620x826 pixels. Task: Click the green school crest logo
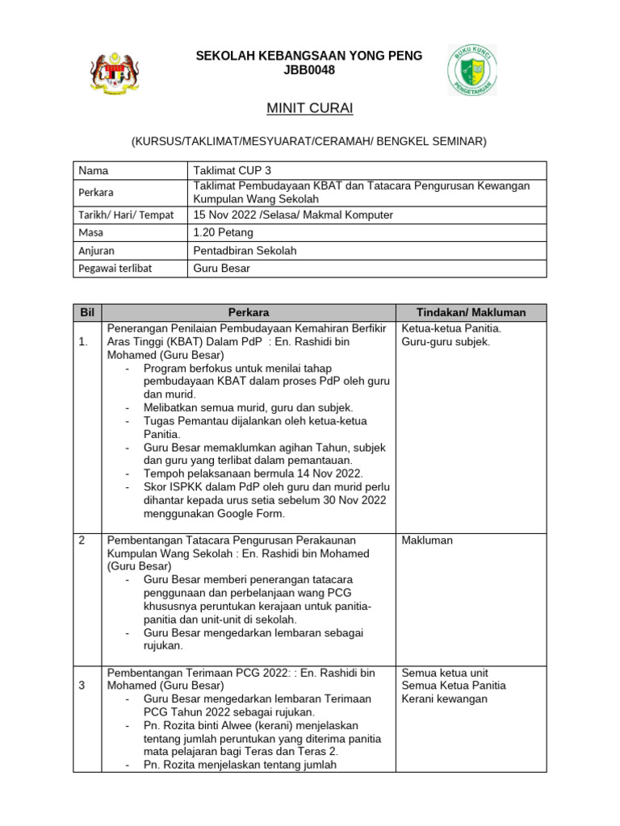pyautogui.click(x=472, y=69)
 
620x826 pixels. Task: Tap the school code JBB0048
pyautogui.click(x=309, y=70)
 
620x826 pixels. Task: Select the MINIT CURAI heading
pyautogui.click(x=309, y=108)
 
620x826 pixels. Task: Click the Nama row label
pyautogui.click(x=94, y=171)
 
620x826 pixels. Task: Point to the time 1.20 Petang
pyautogui.click(x=224, y=232)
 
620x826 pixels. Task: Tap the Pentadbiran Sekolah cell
pyautogui.click(x=245, y=251)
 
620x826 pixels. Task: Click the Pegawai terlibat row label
pyautogui.click(x=115, y=269)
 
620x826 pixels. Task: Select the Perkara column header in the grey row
pyautogui.click(x=249, y=312)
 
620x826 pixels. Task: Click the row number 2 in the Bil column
pyautogui.click(x=82, y=540)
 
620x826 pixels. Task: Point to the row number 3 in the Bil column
pyautogui.click(x=82, y=686)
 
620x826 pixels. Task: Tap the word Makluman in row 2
pyautogui.click(x=427, y=540)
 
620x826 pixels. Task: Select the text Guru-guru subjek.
pyautogui.click(x=445, y=341)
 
